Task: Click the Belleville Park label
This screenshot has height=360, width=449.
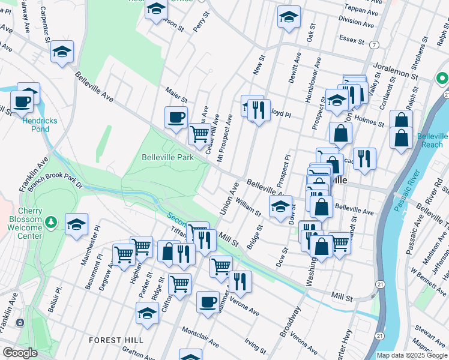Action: (x=168, y=157)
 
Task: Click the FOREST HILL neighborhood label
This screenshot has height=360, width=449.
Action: (x=116, y=340)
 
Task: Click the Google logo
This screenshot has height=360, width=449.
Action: (x=20, y=353)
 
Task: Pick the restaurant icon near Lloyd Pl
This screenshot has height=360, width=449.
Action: (x=259, y=110)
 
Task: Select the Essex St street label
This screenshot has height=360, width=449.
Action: (x=353, y=41)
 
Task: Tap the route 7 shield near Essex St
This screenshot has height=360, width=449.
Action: (x=375, y=46)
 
